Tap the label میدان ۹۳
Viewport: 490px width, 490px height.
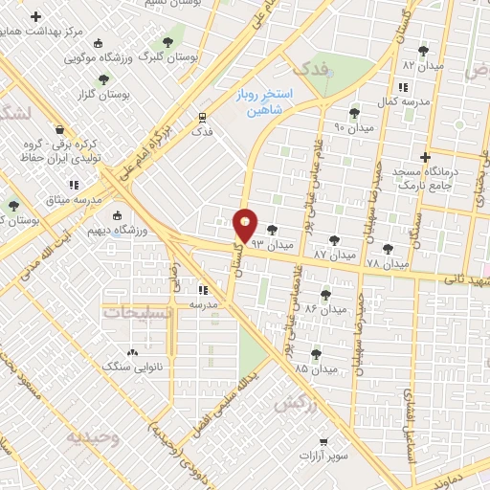271,245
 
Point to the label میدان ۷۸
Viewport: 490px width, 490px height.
388,262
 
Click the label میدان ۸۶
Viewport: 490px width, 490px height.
323,308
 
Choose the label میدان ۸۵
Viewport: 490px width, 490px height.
315,368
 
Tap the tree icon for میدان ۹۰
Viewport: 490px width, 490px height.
354,113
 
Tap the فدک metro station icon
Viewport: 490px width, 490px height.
201,117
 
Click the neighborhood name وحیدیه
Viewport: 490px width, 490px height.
92,437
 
